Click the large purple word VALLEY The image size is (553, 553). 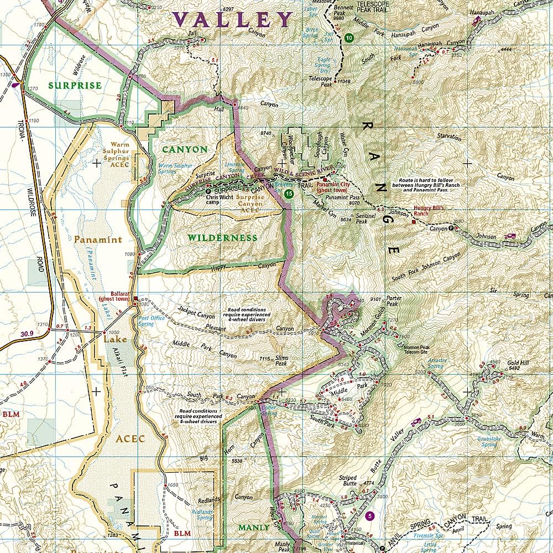coord(232,20)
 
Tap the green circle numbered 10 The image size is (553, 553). coord(348,38)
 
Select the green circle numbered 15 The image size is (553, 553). coord(289,194)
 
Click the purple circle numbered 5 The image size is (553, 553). coord(370,517)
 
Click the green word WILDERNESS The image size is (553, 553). coord(222,238)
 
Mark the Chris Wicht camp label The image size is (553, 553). coord(220,199)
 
